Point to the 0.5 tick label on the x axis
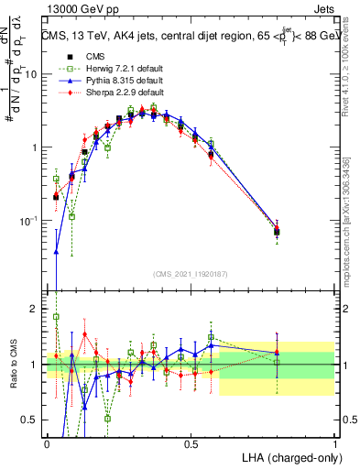191,443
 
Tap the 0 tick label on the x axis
47,443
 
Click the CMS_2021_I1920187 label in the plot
191,273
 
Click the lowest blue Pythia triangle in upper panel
57,251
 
